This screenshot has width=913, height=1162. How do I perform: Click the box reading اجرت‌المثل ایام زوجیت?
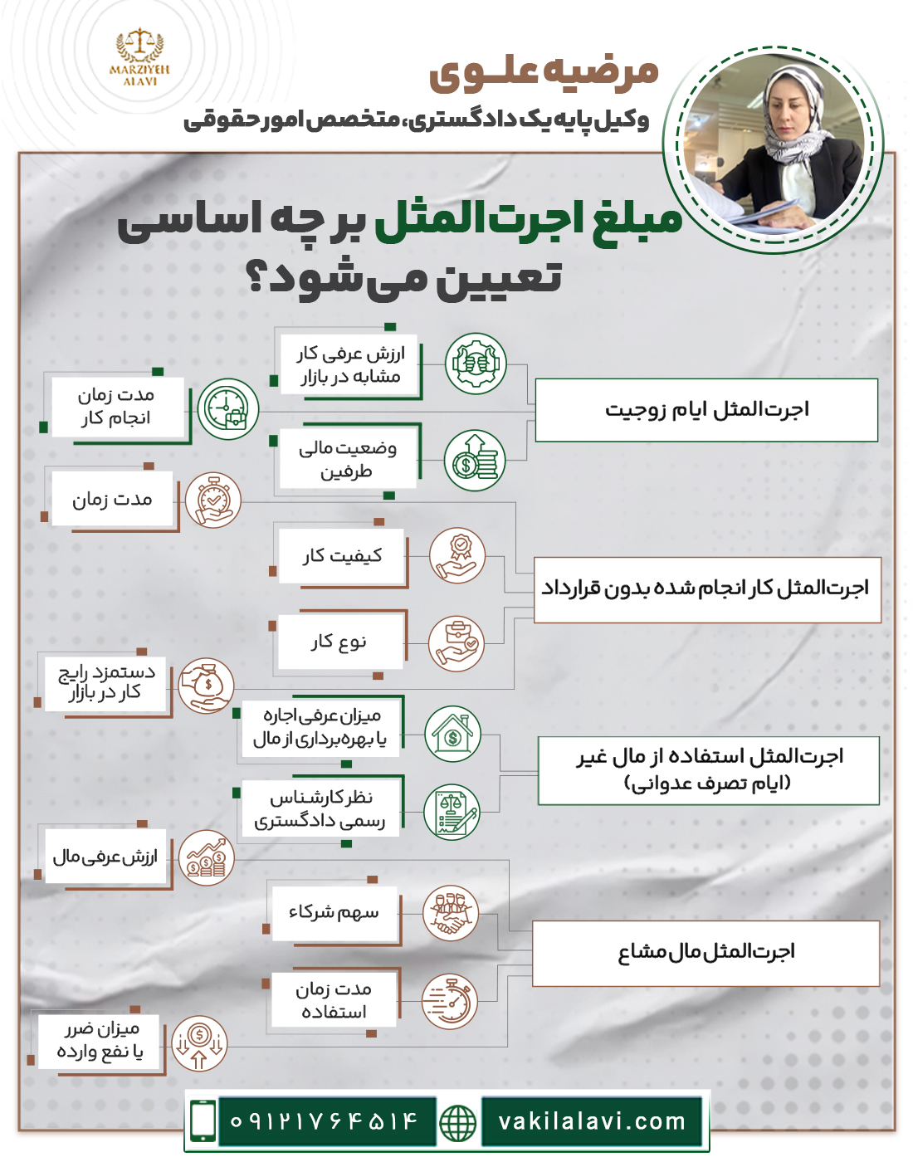tap(706, 410)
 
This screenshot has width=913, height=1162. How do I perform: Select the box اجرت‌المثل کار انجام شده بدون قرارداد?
tap(706, 589)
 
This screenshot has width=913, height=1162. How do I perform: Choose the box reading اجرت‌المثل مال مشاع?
tap(705, 953)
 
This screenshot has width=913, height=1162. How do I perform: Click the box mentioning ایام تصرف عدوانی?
tap(708, 770)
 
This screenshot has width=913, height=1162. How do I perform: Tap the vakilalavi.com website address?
tap(592, 1122)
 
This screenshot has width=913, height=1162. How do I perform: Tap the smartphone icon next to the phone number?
tap(203, 1121)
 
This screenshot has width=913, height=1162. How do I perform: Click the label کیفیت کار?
tap(342, 556)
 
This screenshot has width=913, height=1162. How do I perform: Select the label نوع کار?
tap(339, 642)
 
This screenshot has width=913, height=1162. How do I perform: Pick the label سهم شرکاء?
tap(334, 913)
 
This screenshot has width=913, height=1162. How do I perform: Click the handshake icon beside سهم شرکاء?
tap(451, 914)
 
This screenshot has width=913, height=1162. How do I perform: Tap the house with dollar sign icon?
tap(452, 734)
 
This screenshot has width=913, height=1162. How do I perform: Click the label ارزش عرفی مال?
tap(105, 857)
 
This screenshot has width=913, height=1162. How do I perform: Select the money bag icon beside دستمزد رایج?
tap(207, 686)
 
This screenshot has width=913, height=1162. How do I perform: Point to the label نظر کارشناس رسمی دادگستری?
tap(320, 809)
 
